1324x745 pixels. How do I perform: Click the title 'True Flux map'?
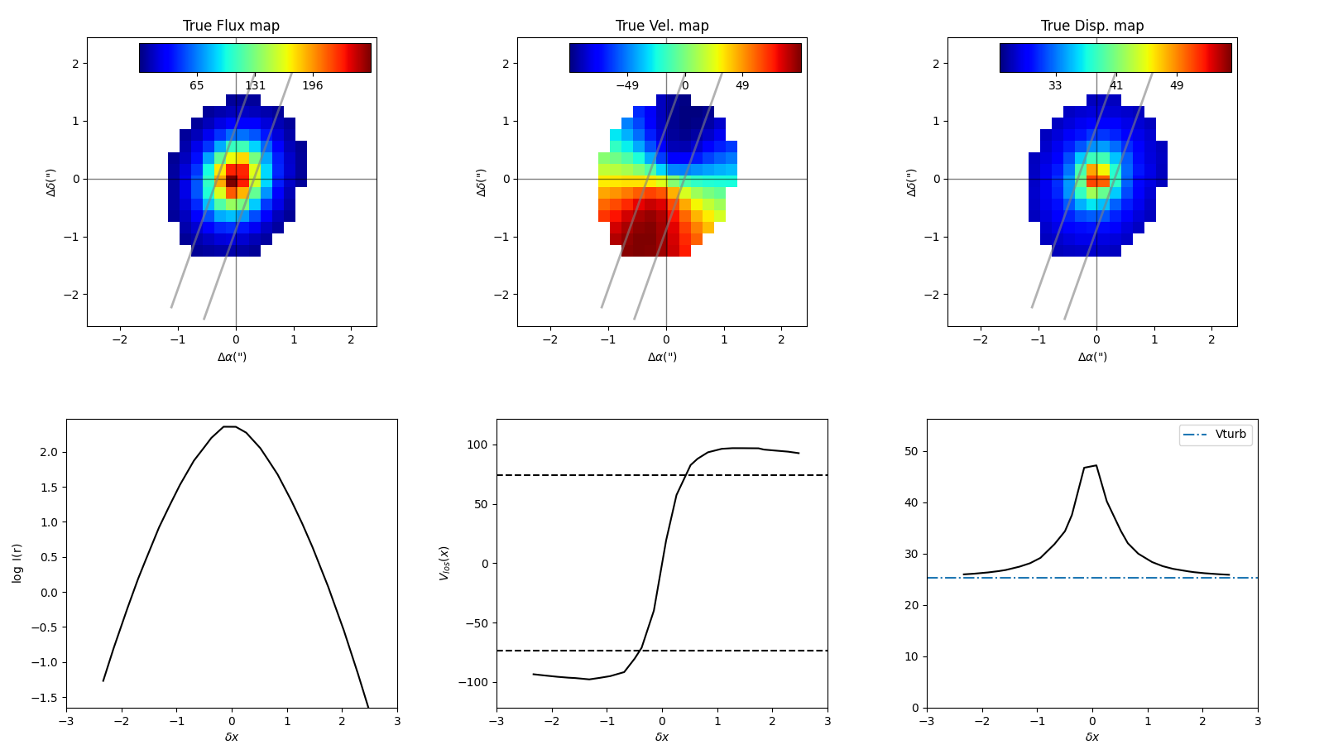tap(231, 26)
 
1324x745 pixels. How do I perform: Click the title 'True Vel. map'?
tap(662, 26)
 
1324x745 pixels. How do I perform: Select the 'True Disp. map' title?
tap(1092, 26)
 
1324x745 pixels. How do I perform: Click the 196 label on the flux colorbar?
tap(312, 86)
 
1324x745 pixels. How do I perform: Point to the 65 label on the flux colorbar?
tap(196, 86)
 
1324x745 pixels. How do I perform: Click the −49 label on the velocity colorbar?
tap(627, 86)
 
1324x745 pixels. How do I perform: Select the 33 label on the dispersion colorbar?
tap(1055, 86)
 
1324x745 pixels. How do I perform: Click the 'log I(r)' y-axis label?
tap(17, 563)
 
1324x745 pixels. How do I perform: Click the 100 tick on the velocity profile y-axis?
tap(478, 445)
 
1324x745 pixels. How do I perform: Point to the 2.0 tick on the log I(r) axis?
tap(47, 453)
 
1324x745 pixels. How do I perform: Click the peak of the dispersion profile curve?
tap(1096, 465)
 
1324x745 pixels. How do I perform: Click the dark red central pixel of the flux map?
tap(232, 180)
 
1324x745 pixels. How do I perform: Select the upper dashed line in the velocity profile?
tap(745, 475)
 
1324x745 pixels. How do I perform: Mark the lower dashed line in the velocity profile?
tap(745, 651)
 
